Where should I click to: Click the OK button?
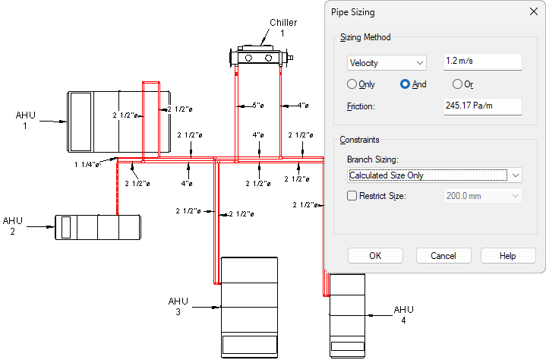click(x=375, y=256)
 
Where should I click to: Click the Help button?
click(x=508, y=256)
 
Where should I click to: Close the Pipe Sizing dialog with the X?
click(x=533, y=11)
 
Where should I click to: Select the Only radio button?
click(x=352, y=84)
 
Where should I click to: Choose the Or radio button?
click(x=457, y=84)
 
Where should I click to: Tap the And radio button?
click(x=405, y=84)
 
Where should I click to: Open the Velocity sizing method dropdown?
click(x=387, y=63)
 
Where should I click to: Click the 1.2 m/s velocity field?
click(x=483, y=62)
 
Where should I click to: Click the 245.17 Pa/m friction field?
click(x=483, y=106)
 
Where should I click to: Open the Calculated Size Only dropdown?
click(x=434, y=175)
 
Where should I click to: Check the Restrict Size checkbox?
click(x=352, y=196)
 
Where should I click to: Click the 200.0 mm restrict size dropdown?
click(x=483, y=196)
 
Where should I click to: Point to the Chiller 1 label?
click(x=283, y=28)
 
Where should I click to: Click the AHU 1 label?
click(x=25, y=121)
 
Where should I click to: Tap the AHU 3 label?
click(x=178, y=306)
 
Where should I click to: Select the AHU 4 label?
click(x=403, y=314)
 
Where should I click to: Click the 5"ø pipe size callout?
click(x=258, y=105)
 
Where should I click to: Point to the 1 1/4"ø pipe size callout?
click(x=87, y=164)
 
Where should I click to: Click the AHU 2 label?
click(x=13, y=226)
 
